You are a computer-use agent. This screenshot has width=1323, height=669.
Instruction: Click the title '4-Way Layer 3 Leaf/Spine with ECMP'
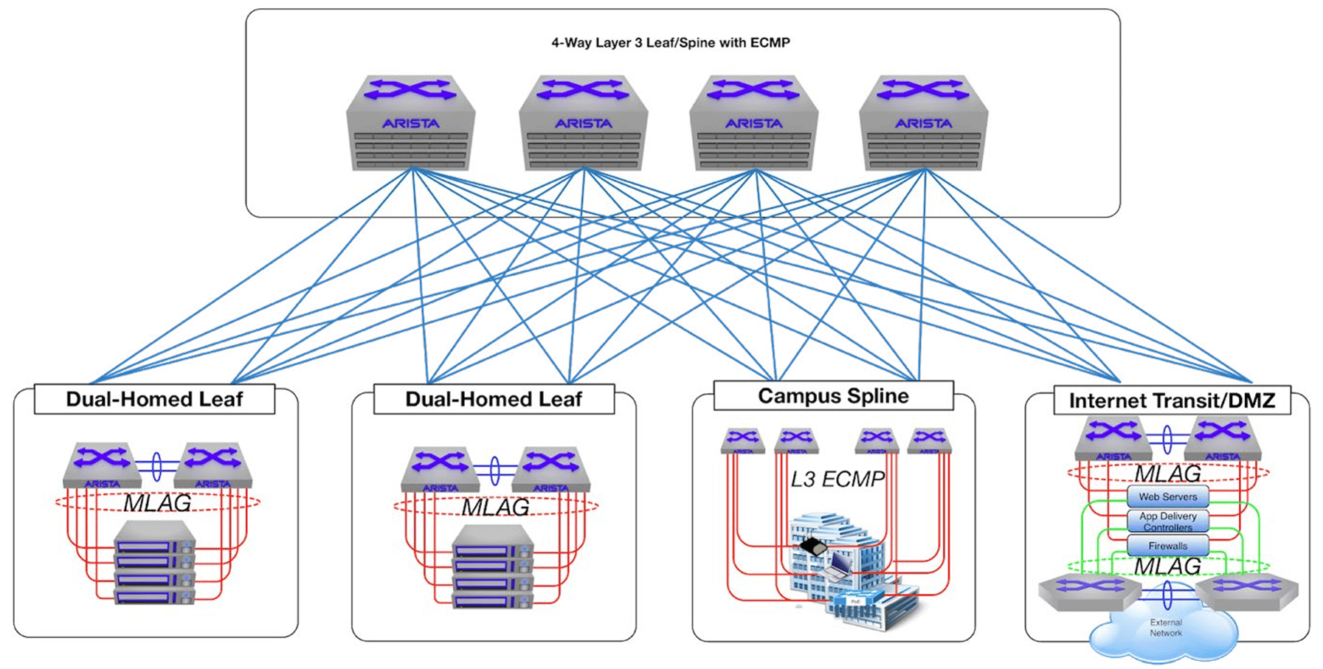(670, 43)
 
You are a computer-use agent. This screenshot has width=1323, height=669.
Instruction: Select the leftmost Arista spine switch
(410, 122)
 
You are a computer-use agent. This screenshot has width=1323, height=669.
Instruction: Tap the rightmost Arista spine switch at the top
(923, 122)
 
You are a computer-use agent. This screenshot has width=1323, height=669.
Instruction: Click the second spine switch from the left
(583, 122)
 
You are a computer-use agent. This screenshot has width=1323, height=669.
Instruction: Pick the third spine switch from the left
(753, 122)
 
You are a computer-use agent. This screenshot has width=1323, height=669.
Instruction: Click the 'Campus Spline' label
(833, 396)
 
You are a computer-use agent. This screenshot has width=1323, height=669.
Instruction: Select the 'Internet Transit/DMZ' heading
(1172, 401)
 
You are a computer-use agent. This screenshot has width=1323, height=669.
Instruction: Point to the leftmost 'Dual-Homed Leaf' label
(154, 399)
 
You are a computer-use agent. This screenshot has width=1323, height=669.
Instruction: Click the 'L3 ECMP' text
(837, 479)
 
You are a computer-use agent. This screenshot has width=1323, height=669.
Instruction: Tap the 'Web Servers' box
(1167, 496)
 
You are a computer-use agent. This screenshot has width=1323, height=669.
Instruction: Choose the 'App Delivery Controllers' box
(1167, 521)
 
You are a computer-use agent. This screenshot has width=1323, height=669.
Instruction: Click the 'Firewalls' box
(1167, 546)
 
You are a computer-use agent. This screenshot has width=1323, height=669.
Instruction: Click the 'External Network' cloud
(1165, 631)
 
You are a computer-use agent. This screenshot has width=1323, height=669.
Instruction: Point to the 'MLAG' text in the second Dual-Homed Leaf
(495, 507)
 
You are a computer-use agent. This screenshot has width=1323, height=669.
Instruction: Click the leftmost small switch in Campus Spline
(742, 440)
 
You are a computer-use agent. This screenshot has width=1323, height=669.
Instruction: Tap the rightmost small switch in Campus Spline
(929, 440)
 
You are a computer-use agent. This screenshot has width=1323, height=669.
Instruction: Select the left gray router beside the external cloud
(1089, 590)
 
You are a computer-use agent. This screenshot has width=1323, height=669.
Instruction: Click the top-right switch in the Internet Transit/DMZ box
(1222, 438)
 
